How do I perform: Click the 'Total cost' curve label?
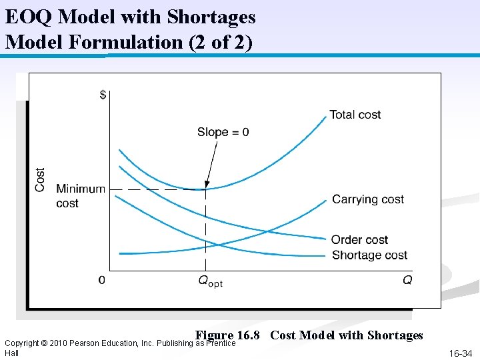[x=355, y=115]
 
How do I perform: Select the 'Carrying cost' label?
[x=368, y=199]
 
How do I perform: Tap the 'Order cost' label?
[x=359, y=240]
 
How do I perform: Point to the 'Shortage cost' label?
[x=369, y=255]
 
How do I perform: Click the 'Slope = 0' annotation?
[x=223, y=132]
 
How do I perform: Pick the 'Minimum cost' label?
[x=80, y=196]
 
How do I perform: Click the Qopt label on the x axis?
[x=210, y=281]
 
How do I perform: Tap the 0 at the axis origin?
[x=101, y=281]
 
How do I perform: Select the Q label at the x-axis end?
[x=407, y=281]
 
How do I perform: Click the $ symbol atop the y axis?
[x=102, y=95]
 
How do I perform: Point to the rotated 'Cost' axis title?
[x=41, y=179]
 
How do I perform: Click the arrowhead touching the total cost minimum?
[x=207, y=185]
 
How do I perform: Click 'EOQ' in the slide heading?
[x=25, y=16]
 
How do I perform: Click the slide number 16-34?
[x=460, y=353]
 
